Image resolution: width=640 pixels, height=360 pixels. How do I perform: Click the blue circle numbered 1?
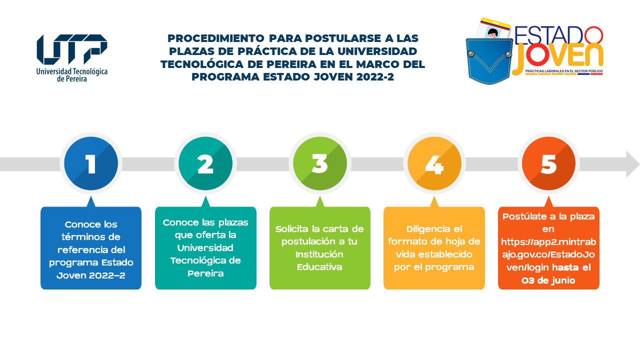coord(91,163)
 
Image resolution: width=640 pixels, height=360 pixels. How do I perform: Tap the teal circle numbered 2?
coord(205,163)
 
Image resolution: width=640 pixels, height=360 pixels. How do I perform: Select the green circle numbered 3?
coord(320,163)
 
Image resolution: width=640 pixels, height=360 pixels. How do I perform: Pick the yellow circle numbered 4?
coord(434,163)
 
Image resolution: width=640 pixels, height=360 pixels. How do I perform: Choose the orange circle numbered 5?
coord(548,163)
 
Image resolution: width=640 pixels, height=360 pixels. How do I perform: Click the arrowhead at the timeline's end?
coord(632,164)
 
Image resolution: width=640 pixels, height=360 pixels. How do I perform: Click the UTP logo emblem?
coord(72,49)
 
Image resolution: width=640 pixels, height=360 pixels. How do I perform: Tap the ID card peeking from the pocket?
coord(493,29)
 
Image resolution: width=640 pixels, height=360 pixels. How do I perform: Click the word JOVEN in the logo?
coord(557,57)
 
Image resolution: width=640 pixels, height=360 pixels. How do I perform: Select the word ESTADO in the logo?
coord(559,35)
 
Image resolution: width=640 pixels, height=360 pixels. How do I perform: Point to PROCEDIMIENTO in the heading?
coord(216,38)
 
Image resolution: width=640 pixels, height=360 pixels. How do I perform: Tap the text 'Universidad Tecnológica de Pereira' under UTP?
coord(72,75)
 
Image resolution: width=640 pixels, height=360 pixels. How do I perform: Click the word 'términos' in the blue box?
coord(91,237)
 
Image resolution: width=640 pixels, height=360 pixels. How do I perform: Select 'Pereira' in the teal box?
coord(205,273)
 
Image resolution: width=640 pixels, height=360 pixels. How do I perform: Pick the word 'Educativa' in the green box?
coord(319,267)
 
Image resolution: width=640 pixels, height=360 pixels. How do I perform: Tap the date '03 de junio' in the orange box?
coord(548,280)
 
